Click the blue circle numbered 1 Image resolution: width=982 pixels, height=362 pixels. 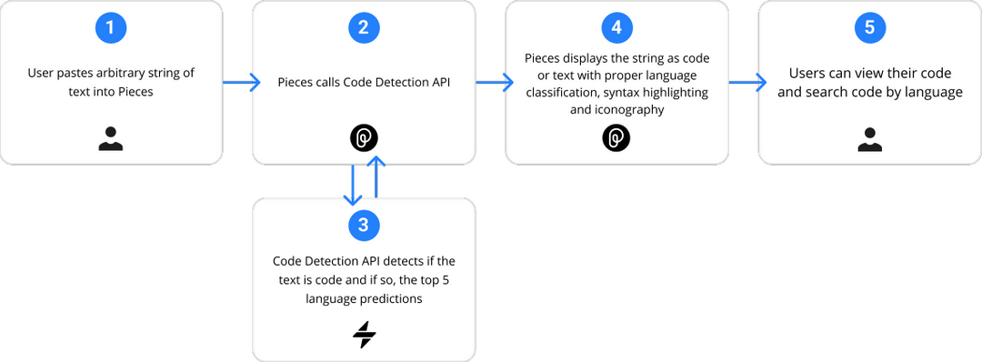[x=111, y=28]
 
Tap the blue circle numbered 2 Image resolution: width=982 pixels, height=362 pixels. [x=364, y=28]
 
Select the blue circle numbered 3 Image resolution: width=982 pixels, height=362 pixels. [x=364, y=223]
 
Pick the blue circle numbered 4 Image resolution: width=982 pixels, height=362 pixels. [x=616, y=28]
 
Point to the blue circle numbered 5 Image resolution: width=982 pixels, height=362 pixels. [x=869, y=28]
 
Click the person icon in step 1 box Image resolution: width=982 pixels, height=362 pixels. [x=111, y=138]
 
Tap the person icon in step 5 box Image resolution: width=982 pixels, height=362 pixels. [x=869, y=138]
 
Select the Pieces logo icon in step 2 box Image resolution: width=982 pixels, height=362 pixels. [x=364, y=138]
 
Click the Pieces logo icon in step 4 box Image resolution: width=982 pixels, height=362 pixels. [x=616, y=138]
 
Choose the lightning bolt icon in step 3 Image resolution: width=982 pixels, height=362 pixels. [x=364, y=336]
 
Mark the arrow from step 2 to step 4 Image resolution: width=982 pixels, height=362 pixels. [x=491, y=83]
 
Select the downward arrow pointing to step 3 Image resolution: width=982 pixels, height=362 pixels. [x=351, y=185]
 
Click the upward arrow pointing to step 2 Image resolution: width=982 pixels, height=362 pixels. [x=377, y=178]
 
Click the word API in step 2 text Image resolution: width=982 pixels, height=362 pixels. [x=438, y=83]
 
